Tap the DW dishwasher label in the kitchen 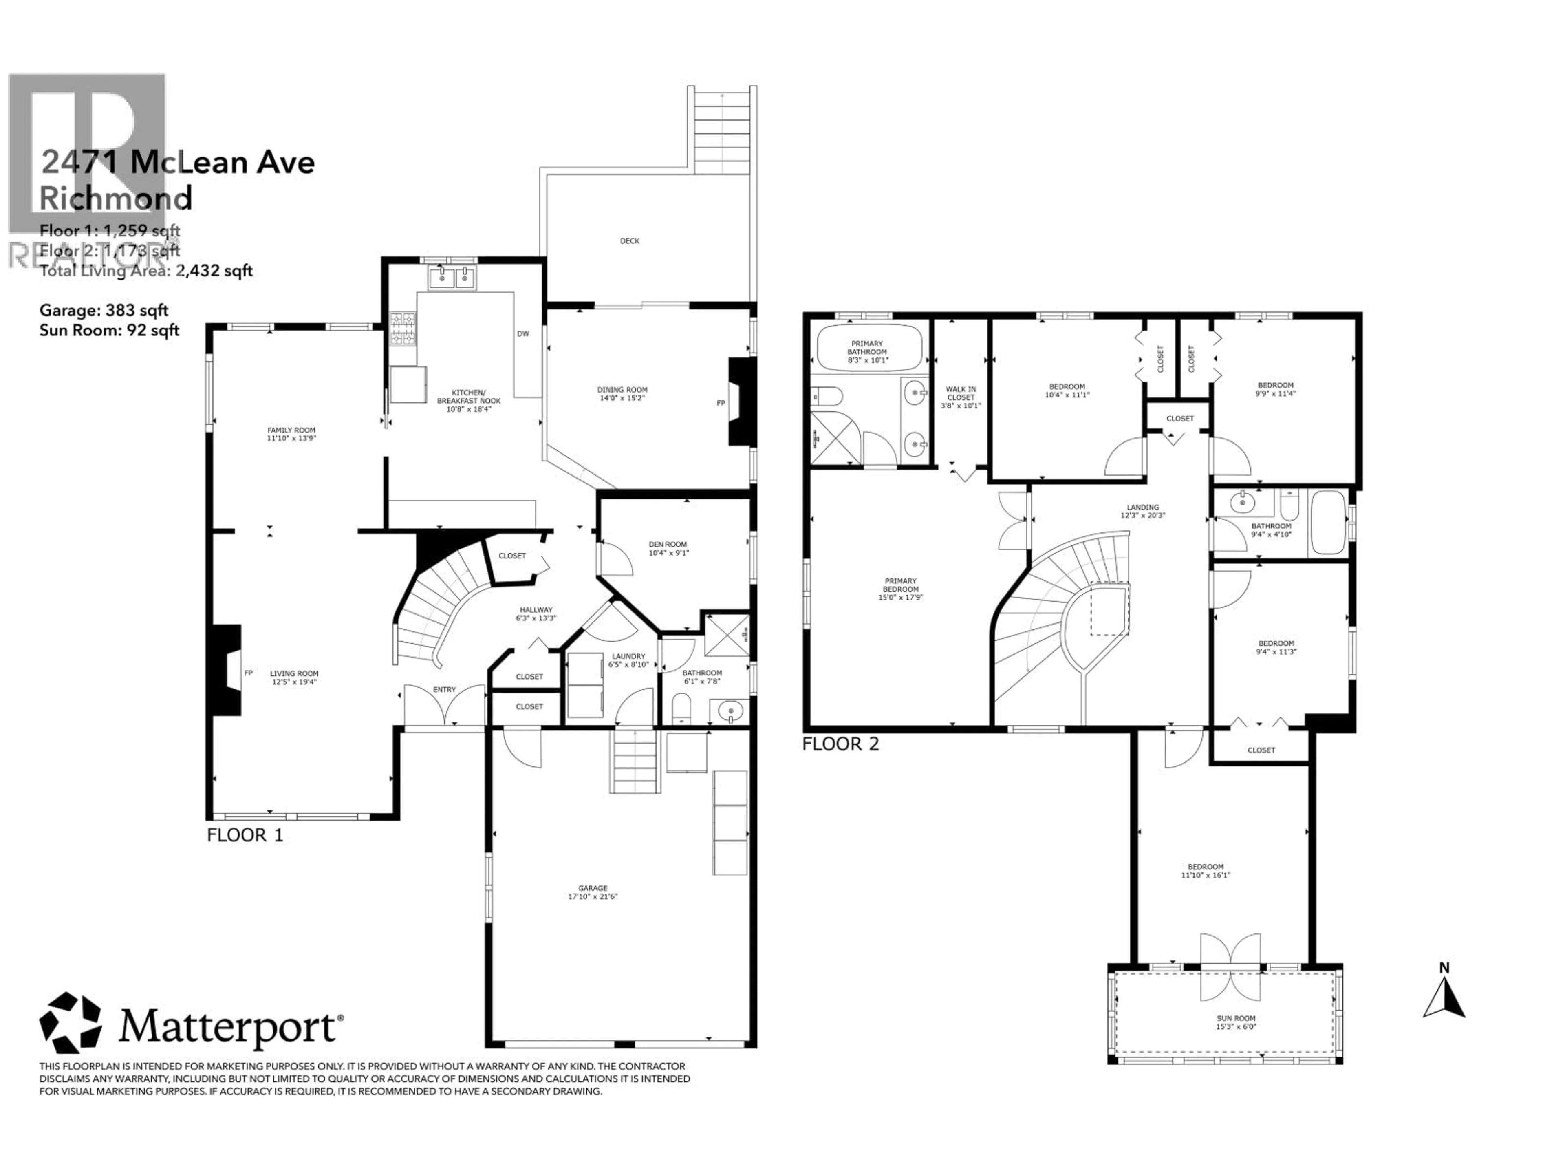pos(523,334)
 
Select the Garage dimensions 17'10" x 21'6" pos(593,896)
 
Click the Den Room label pos(668,544)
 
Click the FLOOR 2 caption pos(840,744)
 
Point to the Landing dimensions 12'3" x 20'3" pos(1143,516)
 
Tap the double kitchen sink pos(452,278)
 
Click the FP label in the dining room pos(721,404)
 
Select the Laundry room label pos(628,657)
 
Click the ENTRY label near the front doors pos(444,689)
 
